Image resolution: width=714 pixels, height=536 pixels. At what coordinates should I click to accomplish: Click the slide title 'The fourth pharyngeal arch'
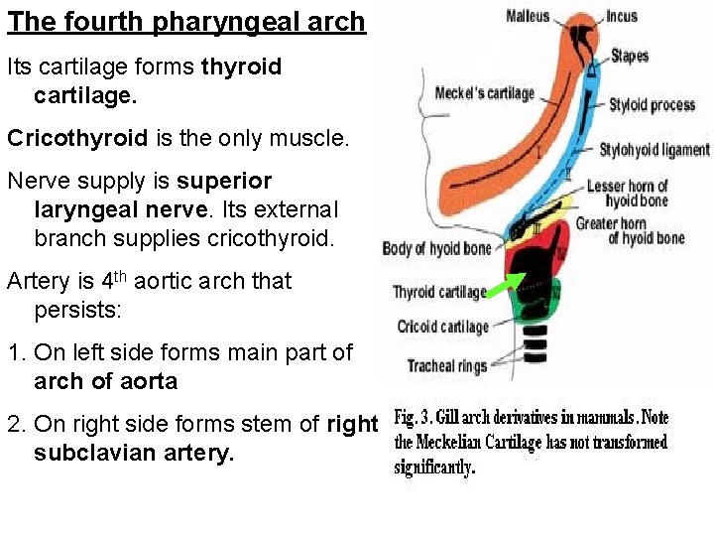point(186,22)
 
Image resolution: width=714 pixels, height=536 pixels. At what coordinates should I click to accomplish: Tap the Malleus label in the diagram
point(528,16)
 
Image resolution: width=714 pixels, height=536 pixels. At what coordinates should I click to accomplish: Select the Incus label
point(622,17)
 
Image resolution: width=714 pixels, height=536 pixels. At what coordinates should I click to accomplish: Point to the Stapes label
point(630,56)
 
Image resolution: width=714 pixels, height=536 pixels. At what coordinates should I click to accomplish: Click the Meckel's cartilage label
point(484,93)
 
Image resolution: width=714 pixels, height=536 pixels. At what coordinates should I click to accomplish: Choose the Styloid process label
point(652,105)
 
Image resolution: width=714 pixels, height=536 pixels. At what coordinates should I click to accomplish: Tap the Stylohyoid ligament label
point(654,150)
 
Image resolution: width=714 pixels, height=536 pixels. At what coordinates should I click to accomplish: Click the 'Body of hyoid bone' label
point(437,248)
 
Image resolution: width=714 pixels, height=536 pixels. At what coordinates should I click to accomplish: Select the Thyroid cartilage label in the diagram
point(439,292)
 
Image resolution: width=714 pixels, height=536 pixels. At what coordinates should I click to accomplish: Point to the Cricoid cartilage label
point(443,327)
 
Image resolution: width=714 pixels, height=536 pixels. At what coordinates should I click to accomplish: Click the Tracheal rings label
point(447,366)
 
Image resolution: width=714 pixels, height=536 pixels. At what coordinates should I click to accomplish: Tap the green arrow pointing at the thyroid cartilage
point(507,286)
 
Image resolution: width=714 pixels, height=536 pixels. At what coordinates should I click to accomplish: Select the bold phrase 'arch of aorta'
point(105,382)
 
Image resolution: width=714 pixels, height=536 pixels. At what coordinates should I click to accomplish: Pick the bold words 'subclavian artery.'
point(135,454)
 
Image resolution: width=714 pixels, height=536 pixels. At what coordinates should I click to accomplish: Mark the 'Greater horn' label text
point(612,222)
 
